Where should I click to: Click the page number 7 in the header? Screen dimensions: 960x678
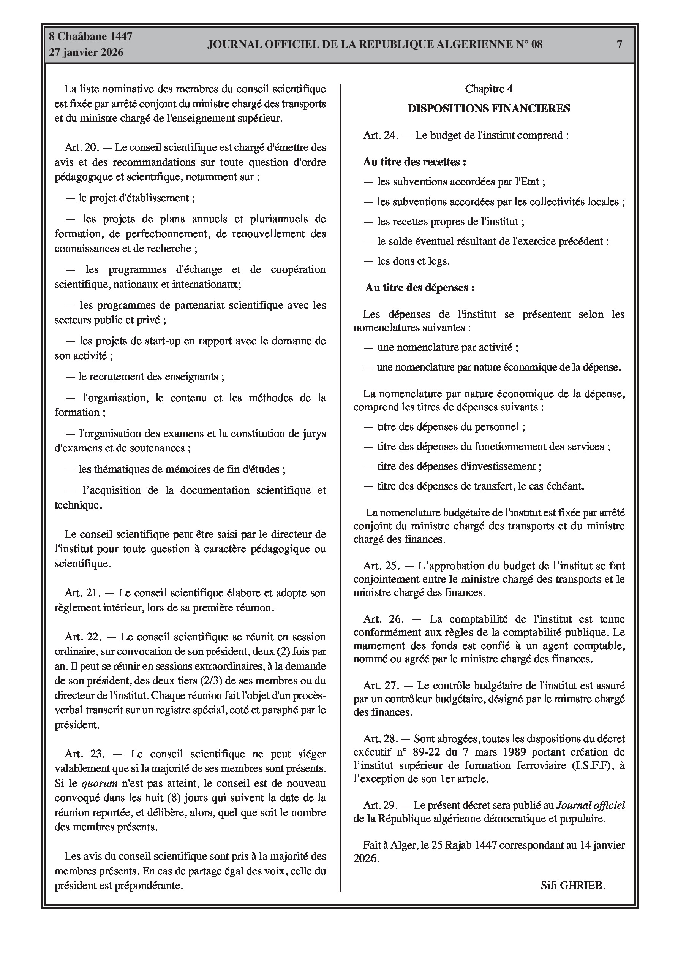tap(620, 44)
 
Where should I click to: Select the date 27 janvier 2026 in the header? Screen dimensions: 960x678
tap(86, 52)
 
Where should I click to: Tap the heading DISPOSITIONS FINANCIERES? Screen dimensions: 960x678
tap(488, 109)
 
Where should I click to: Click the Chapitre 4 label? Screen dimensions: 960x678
tap(488, 89)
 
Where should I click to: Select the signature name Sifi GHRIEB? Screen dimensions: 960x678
tap(573, 885)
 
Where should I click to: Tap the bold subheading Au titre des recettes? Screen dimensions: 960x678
tap(415, 162)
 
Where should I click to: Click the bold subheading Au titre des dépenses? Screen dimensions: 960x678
tap(420, 288)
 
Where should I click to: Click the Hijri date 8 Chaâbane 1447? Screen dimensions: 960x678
tap(91, 36)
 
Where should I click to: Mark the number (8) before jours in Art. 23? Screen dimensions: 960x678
tap(174, 798)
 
